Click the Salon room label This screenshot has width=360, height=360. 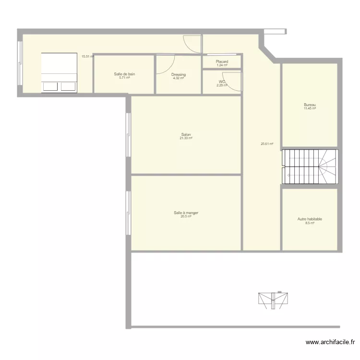[x=186, y=134]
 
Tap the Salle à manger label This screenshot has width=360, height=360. [x=186, y=213]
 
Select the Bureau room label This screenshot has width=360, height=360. [x=310, y=105]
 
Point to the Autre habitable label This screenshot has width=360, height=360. [x=310, y=219]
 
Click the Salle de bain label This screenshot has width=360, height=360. [x=124, y=74]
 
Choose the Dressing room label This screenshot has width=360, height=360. [x=179, y=74]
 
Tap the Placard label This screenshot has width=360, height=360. [x=222, y=61]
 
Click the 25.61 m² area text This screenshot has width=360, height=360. [x=267, y=144]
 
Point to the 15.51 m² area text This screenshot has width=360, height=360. [x=87, y=56]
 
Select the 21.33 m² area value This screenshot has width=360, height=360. [x=186, y=138]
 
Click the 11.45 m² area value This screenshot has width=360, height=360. [x=310, y=108]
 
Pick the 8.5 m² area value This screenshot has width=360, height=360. [x=310, y=223]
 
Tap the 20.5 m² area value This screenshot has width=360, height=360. [x=186, y=216]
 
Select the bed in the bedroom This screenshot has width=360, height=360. [x=59, y=72]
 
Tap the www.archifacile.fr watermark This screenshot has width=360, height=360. [x=330, y=342]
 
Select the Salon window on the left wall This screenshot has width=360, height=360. [x=128, y=135]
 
